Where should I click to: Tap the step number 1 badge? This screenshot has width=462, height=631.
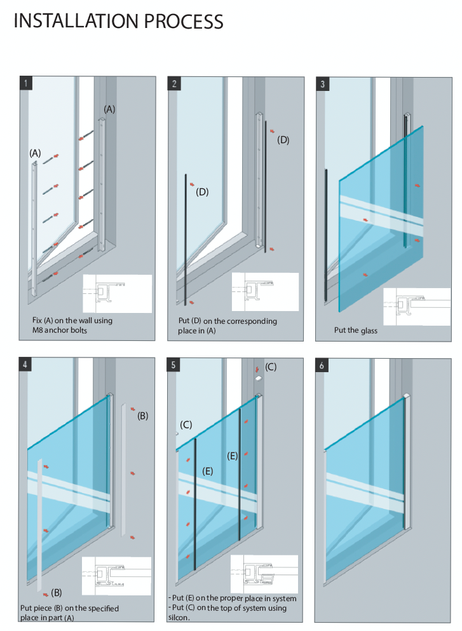click(25, 83)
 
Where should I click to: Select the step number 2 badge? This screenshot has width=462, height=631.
click(175, 83)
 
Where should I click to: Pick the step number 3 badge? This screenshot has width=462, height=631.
click(323, 83)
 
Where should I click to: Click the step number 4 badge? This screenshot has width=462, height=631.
click(25, 364)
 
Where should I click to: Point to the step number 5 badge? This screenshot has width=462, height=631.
click(175, 364)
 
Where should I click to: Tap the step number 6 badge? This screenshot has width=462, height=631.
click(323, 364)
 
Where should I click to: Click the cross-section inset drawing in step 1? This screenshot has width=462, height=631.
click(117, 293)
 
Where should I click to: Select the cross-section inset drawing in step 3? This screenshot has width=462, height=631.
click(417, 307)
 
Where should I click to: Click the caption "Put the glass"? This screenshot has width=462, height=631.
click(355, 330)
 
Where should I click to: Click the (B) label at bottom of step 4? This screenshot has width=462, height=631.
click(57, 593)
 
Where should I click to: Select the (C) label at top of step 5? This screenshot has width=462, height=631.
click(271, 367)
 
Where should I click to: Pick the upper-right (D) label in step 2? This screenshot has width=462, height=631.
click(283, 140)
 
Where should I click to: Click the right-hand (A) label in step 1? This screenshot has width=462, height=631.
click(109, 109)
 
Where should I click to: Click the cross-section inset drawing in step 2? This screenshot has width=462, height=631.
click(264, 291)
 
